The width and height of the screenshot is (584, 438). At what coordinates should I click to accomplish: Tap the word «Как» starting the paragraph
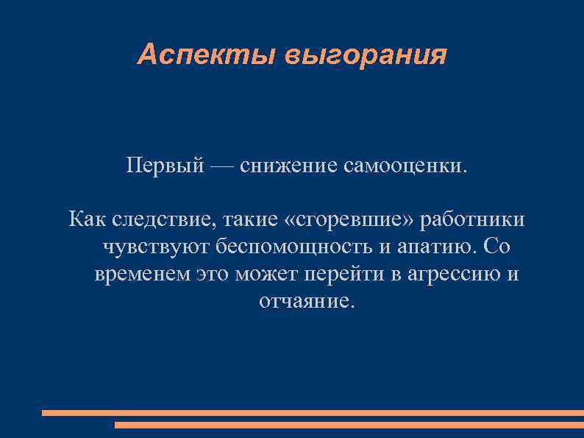pos(87,219)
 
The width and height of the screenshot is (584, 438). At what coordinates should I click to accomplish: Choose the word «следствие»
pos(164,220)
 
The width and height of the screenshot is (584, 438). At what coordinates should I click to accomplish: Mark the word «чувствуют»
pos(151,247)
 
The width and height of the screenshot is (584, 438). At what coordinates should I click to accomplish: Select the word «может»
pos(265,275)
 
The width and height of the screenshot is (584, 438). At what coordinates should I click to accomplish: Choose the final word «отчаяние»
pos(307,302)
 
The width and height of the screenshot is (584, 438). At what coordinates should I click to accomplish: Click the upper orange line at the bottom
pos(313,413)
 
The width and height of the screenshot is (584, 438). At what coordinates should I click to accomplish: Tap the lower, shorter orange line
pos(349,425)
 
